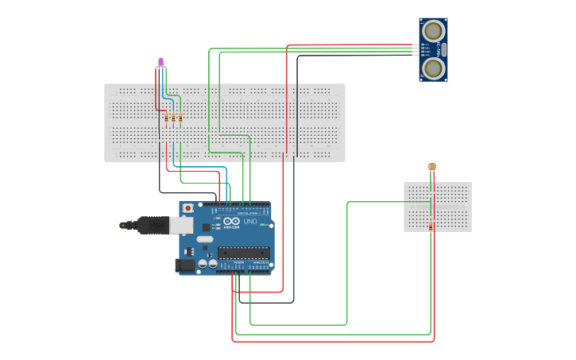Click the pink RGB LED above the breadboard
tap(161, 61)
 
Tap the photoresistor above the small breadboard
tap(432, 166)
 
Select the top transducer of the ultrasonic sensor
tap(433, 31)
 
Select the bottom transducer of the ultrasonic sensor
tap(433, 68)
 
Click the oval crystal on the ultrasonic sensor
tap(443, 49)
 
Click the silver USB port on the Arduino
tap(181, 226)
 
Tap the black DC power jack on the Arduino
tap(185, 265)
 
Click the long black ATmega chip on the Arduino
tap(243, 253)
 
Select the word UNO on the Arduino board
tap(251, 221)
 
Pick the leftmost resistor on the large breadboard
tap(167, 118)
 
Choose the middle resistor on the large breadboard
tap(173, 118)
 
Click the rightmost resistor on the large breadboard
tap(180, 118)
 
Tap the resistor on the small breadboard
tap(431, 226)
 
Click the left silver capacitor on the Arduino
tap(203, 263)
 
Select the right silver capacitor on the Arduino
tap(213, 263)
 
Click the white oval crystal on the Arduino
tap(205, 238)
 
